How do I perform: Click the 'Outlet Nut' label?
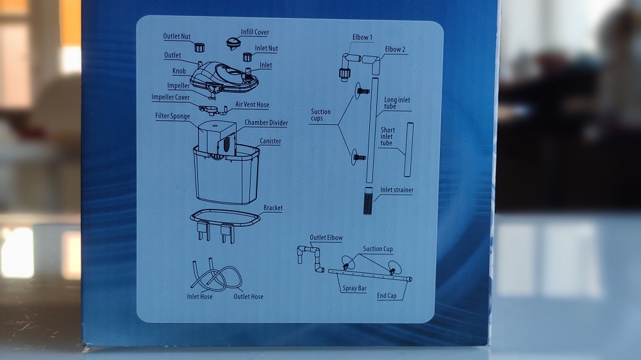[x=177, y=37]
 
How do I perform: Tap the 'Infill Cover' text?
[x=254, y=32]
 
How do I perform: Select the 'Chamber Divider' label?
[x=266, y=122]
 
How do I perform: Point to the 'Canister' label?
[x=271, y=141]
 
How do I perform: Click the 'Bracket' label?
[x=273, y=208]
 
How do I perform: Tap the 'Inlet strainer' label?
[x=397, y=190]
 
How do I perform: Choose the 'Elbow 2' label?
[x=395, y=49]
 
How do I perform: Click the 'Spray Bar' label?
[x=354, y=288]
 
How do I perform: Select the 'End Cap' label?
[x=387, y=295]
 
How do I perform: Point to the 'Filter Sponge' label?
[x=172, y=116]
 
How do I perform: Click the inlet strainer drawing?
[x=369, y=200]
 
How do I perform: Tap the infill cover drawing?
[x=234, y=43]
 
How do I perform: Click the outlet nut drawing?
[x=199, y=47]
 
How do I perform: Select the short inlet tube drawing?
[x=409, y=149]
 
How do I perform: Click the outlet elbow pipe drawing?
[x=311, y=257]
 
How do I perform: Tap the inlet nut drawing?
[x=247, y=57]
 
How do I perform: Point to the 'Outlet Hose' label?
[x=248, y=297]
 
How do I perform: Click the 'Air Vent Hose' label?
[x=252, y=104]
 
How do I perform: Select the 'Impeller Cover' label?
[x=171, y=97]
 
